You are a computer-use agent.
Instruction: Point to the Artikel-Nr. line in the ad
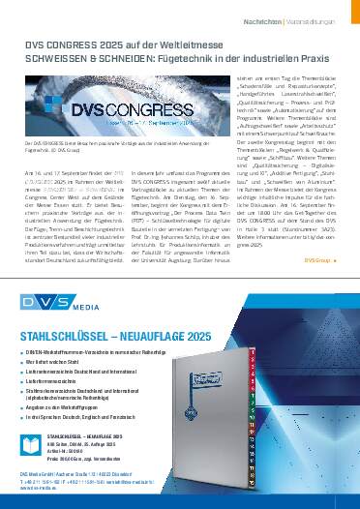pyautogui.click(x=68, y=450)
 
